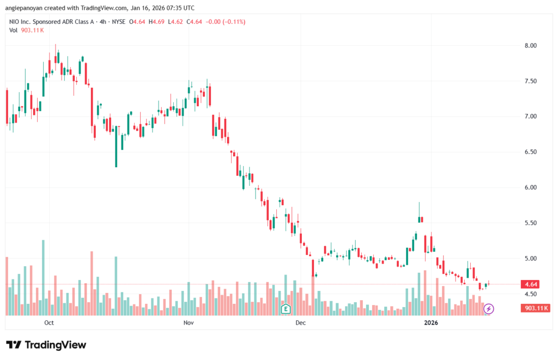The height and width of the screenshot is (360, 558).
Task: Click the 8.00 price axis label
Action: [530, 45]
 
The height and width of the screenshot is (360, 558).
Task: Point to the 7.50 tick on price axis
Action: [530, 81]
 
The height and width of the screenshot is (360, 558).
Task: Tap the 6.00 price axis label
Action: [530, 187]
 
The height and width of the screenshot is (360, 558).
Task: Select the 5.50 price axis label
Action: [530, 223]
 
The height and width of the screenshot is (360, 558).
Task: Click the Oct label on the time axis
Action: [49, 323]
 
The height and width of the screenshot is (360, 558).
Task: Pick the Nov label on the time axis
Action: [189, 323]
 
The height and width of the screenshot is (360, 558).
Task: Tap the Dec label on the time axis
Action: [300, 323]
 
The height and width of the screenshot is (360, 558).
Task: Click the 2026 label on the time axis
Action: [431, 323]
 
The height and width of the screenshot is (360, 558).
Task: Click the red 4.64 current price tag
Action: [530, 284]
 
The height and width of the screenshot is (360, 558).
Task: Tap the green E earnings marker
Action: [284, 309]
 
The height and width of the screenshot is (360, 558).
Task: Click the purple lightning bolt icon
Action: [489, 309]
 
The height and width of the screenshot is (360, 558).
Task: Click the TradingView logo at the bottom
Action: [46, 345]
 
